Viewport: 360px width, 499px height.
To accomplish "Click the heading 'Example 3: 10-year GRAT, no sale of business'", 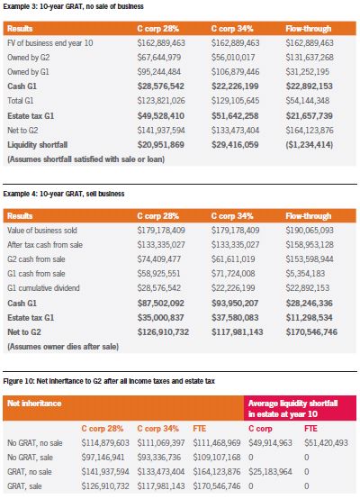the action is pyautogui.click(x=73, y=6).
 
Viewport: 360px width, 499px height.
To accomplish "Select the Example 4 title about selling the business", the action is pyautogui.click(x=64, y=194).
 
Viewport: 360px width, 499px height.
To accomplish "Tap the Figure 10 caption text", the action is pyautogui.click(x=109, y=381).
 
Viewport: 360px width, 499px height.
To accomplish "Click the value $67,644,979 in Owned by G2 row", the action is pyautogui.click(x=159, y=58).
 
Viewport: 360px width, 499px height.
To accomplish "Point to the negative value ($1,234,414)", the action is pyautogui.click(x=309, y=145).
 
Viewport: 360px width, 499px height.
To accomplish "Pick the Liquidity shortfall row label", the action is pyautogui.click(x=38, y=145).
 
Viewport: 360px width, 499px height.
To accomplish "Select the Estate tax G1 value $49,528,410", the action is pyautogui.click(x=160, y=116).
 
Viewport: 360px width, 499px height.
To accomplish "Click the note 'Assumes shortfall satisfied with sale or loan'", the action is pyautogui.click(x=85, y=159).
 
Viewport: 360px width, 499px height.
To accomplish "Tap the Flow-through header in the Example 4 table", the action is pyautogui.click(x=308, y=216).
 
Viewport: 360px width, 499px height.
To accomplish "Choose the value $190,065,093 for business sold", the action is pyautogui.click(x=309, y=230).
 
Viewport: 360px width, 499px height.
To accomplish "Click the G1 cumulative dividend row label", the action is pyautogui.click(x=43, y=288).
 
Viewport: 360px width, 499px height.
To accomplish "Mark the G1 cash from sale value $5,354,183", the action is pyautogui.click(x=305, y=274).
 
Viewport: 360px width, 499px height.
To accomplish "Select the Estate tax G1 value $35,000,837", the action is pyautogui.click(x=160, y=318).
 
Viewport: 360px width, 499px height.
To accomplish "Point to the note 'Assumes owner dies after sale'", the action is pyautogui.click(x=63, y=347).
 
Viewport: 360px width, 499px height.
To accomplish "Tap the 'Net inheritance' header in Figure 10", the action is pyautogui.click(x=34, y=404).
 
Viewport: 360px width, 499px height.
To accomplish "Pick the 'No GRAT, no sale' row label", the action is pyautogui.click(x=35, y=443).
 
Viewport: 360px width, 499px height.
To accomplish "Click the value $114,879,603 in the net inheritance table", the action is pyautogui.click(x=105, y=443).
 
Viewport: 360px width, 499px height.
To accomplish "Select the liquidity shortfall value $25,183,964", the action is pyautogui.click(x=270, y=472).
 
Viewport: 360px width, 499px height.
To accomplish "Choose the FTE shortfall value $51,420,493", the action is pyautogui.click(x=326, y=443).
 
